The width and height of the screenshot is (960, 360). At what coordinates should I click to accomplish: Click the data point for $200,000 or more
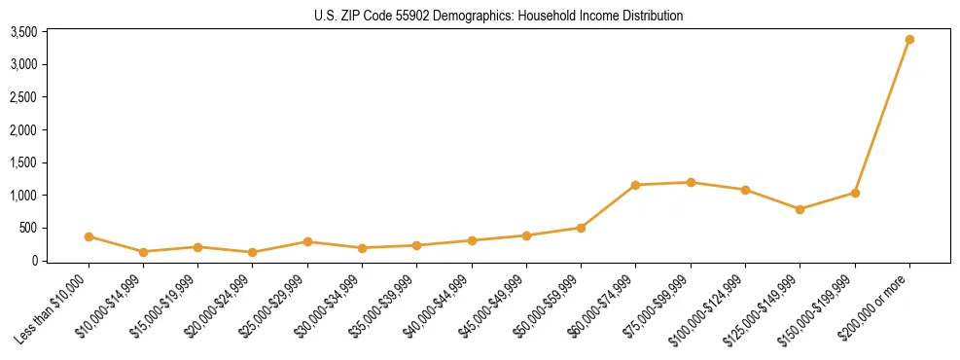coord(909,40)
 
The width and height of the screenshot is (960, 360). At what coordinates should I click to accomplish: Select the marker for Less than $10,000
coord(89,236)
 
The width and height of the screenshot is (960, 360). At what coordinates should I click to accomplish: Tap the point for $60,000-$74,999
coord(636,185)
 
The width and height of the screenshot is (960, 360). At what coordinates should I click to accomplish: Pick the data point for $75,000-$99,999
coord(691,182)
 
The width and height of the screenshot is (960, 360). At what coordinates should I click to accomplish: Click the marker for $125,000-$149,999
coord(800,209)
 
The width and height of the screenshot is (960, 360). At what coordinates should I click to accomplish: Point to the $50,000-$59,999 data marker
coord(581,228)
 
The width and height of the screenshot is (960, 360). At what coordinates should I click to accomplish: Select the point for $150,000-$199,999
coord(855,193)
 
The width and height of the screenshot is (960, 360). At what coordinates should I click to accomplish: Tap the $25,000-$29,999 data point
coord(307,241)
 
